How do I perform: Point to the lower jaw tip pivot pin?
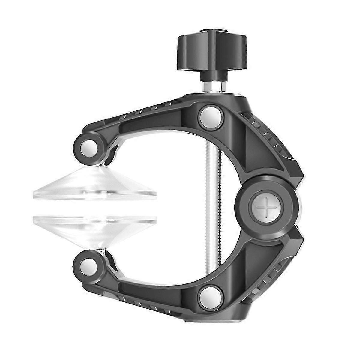(x=87, y=263)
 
